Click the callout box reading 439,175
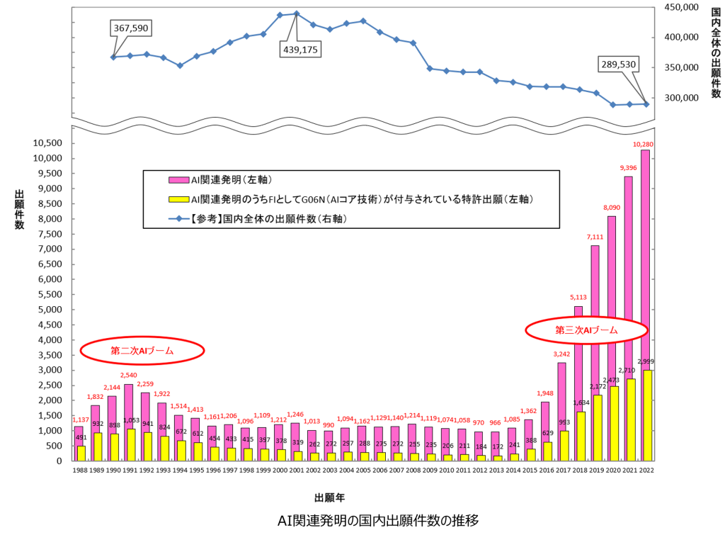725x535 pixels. point(300,50)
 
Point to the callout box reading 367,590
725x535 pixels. point(132,27)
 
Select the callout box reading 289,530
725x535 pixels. point(617,64)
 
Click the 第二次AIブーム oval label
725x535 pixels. point(142,350)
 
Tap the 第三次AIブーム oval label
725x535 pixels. point(586,330)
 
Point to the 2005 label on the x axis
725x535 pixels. point(363,471)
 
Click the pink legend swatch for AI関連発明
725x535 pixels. point(156,180)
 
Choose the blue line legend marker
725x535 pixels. point(156,220)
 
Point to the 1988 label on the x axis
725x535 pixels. point(79,471)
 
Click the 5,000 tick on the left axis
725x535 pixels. point(51,310)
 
